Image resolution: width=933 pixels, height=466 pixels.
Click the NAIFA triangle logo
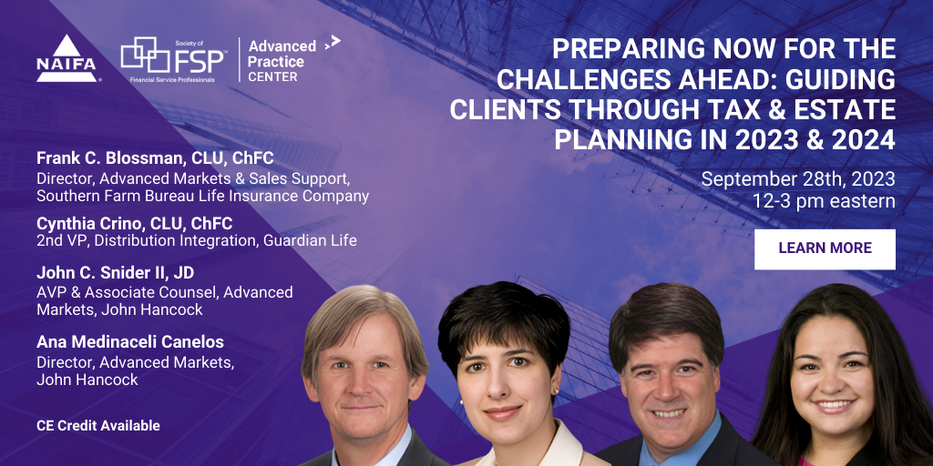tap(66, 58)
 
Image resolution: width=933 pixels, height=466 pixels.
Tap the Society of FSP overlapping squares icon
tap(145, 55)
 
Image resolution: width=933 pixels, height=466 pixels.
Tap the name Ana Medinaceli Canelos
tap(130, 342)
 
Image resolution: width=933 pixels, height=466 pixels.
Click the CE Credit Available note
tap(98, 426)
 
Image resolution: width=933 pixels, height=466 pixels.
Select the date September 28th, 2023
tap(798, 179)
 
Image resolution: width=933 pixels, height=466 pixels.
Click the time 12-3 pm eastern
tap(824, 201)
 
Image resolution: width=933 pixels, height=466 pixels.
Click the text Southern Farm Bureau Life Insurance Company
tap(203, 196)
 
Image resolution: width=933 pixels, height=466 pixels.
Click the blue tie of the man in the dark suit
tap(660, 455)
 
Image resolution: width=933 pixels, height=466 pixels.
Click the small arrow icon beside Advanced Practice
tap(333, 43)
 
